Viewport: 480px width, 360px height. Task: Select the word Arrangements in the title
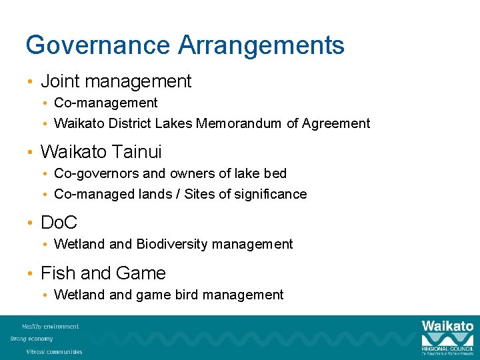pyautogui.click(x=261, y=45)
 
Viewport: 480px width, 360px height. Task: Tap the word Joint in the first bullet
pyautogui.click(x=57, y=81)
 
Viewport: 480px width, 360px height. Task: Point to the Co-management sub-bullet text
pyautogui.click(x=106, y=103)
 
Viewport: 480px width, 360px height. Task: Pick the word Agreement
pyautogui.click(x=336, y=123)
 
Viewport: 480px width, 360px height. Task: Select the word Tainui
pyautogui.click(x=137, y=152)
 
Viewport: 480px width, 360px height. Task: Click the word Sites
pyautogui.click(x=199, y=195)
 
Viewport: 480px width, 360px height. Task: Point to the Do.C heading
pyautogui.click(x=59, y=223)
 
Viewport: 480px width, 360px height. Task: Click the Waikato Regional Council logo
pyautogui.click(x=447, y=337)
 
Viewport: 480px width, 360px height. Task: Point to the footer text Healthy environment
pyautogui.click(x=51, y=327)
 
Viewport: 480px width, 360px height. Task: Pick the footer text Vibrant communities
pyautogui.click(x=55, y=351)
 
